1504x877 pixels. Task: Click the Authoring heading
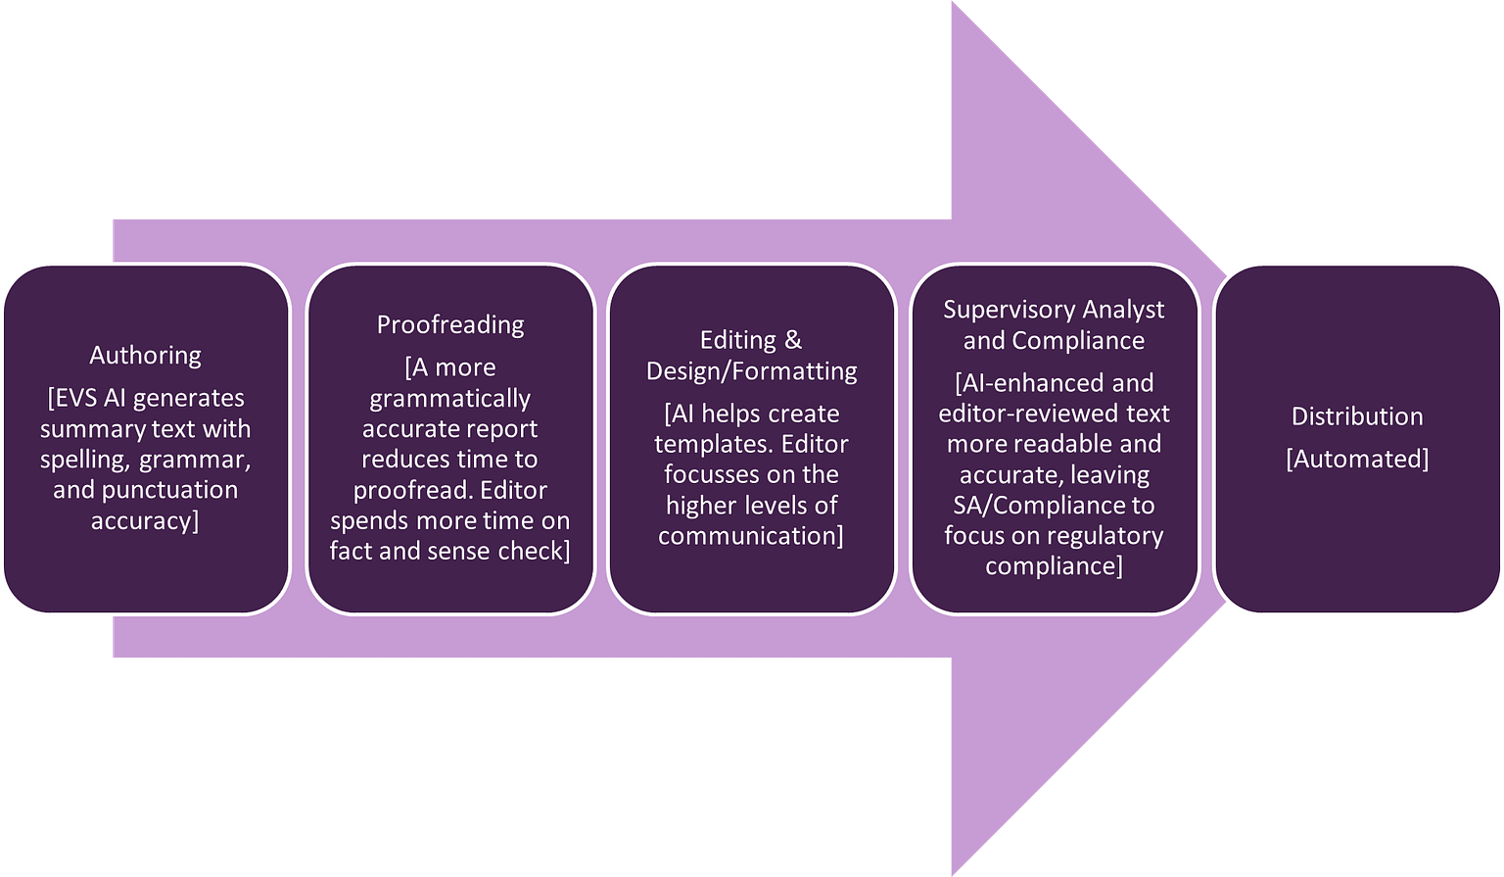(145, 355)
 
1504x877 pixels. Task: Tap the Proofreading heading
(450, 324)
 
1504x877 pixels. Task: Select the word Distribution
(1356, 415)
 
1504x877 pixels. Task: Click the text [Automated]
(1356, 459)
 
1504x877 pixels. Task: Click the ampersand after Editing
(792, 340)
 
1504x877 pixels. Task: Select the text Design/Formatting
(751, 370)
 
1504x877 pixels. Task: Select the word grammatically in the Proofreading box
(450, 398)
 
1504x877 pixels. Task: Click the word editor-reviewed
(1025, 414)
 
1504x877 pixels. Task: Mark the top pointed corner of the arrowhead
(952, 3)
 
